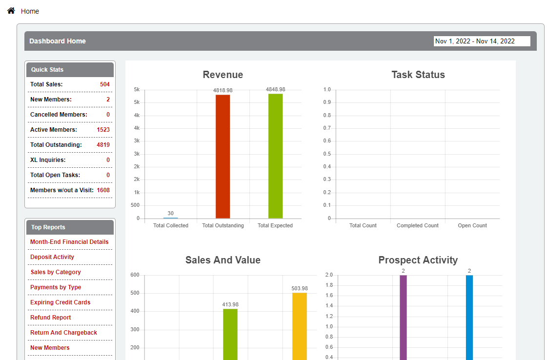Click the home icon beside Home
point(11,10)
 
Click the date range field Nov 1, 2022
point(482,41)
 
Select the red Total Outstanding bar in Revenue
point(223,156)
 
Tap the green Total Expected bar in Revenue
point(275,156)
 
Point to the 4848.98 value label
point(275,89)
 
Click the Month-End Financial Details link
point(69,242)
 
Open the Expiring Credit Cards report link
point(60,302)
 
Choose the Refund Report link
point(50,318)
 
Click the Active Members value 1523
point(103,130)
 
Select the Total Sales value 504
point(104,84)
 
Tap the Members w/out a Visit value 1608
point(103,190)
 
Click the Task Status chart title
point(418,75)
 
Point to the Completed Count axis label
point(417,226)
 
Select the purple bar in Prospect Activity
point(403,317)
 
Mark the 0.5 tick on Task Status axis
point(327,154)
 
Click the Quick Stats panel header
point(70,70)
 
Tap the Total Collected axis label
point(170,226)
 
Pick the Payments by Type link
point(56,287)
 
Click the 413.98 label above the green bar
point(230,304)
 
